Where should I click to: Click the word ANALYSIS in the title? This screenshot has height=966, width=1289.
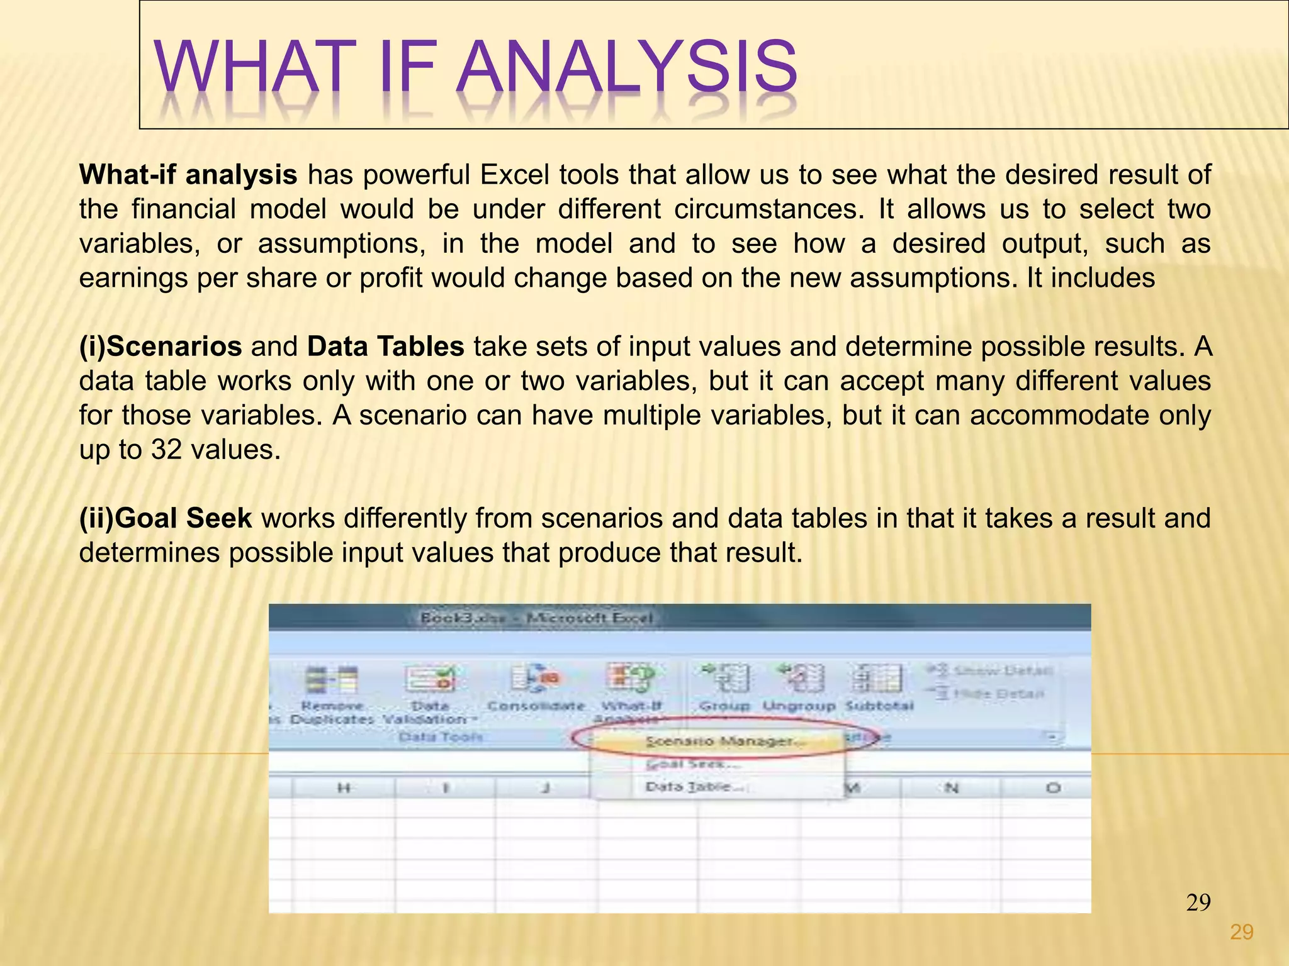click(x=626, y=66)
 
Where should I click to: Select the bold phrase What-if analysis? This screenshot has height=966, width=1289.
click(x=188, y=175)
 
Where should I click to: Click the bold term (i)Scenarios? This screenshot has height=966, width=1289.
click(x=160, y=347)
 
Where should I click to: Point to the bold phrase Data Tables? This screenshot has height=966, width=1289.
click(x=385, y=347)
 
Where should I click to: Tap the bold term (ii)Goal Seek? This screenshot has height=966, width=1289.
click(x=165, y=518)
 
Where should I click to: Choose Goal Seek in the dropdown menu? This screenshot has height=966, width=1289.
click(x=692, y=764)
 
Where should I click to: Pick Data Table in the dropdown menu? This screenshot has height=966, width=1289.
click(x=695, y=787)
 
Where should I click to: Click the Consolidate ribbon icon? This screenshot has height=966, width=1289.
click(x=536, y=679)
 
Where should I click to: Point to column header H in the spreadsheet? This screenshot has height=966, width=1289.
click(x=344, y=787)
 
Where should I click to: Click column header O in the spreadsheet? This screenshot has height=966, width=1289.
click(x=1053, y=787)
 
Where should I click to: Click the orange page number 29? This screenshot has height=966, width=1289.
click(x=1241, y=932)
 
